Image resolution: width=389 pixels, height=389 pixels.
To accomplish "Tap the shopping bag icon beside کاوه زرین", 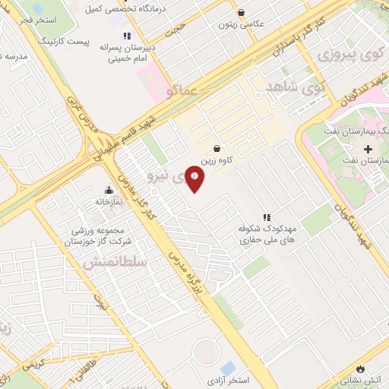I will click(218, 149).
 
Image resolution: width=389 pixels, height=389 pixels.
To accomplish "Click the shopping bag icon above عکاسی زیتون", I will click(242, 12).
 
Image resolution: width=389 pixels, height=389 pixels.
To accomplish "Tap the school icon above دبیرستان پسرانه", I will click(127, 35).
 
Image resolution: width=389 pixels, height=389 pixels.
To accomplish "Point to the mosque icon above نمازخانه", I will click(109, 191).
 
